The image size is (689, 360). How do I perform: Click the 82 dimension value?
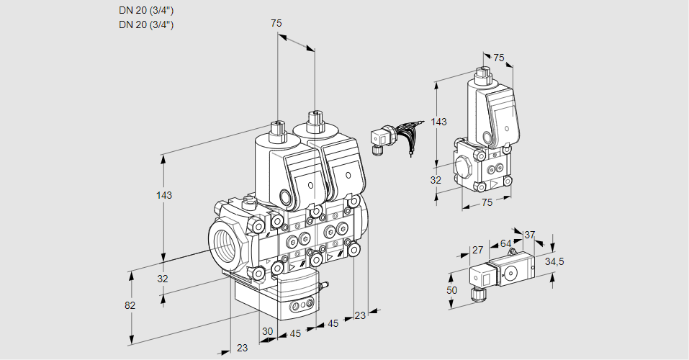[130, 305]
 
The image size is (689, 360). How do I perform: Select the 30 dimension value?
[268, 331]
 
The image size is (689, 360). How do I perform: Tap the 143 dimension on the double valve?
[165, 195]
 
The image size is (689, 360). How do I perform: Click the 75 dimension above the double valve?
[276, 23]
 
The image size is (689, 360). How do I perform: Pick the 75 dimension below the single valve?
[487, 202]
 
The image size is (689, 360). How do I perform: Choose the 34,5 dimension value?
[554, 261]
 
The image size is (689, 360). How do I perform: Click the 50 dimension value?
[452, 289]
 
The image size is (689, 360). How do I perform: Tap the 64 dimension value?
[505, 243]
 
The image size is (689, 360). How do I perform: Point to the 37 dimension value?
[529, 235]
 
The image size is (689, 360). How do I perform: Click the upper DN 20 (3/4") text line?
[146, 10]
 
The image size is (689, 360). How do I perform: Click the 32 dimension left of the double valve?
[163, 279]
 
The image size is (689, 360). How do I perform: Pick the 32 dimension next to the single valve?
[436, 180]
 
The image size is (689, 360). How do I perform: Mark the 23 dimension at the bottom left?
[242, 348]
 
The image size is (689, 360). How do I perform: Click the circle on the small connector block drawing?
[512, 273]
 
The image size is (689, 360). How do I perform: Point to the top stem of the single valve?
[482, 73]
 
